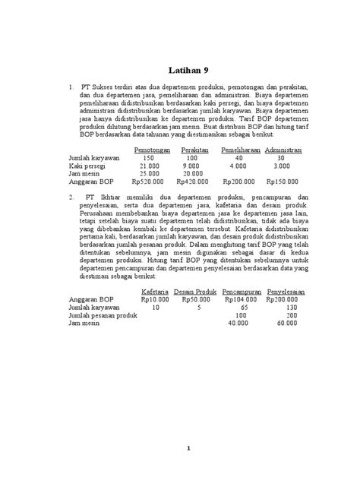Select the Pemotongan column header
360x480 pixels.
point(151,150)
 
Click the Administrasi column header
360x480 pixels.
point(279,150)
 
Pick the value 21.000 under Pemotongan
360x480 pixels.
point(149,166)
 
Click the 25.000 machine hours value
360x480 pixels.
point(149,173)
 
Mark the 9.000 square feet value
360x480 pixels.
point(191,166)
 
